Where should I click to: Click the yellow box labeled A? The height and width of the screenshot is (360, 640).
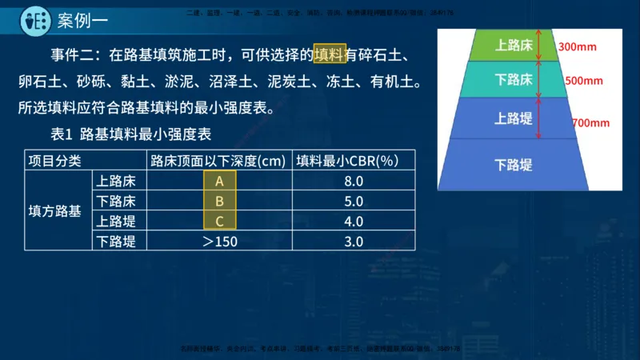coord(219,181)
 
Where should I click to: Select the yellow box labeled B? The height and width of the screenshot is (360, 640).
coord(219,201)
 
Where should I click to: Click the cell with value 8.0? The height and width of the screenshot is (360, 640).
coord(354,181)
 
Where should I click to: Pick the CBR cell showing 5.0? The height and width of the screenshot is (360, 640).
coord(354,201)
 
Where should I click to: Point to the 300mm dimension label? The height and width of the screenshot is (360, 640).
coord(578,46)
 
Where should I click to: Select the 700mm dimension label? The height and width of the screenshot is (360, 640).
coord(590,122)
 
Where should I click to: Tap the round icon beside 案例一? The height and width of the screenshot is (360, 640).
coord(34,18)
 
